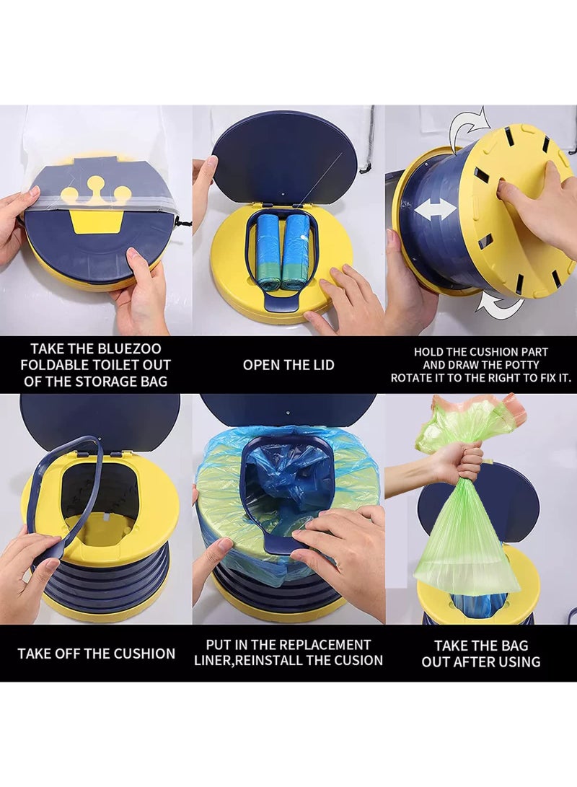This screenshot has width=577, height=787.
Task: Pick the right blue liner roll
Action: (x=295, y=249)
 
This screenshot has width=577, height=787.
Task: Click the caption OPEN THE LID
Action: (x=288, y=365)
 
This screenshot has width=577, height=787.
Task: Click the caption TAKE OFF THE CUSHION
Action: (x=96, y=654)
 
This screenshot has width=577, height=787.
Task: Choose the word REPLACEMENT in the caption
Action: (x=329, y=644)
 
